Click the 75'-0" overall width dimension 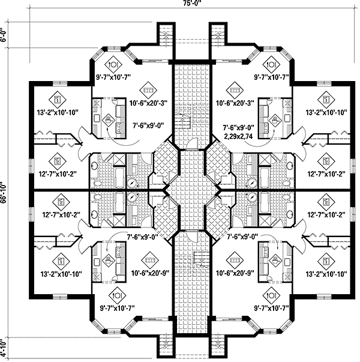180,5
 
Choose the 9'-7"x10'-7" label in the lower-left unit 115,309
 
